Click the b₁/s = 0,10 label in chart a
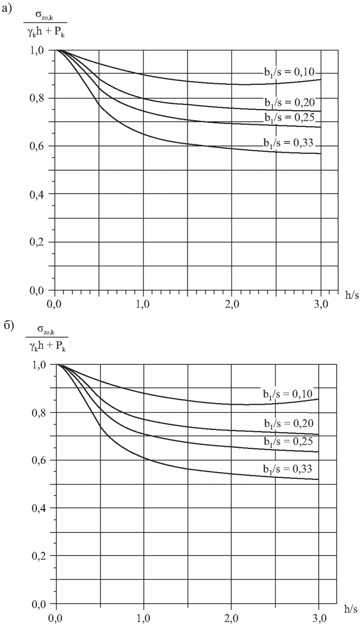point(288,73)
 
